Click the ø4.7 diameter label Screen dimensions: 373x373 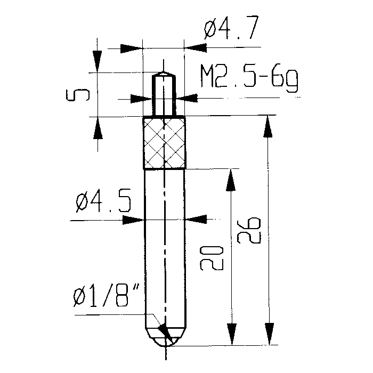pos(231,27)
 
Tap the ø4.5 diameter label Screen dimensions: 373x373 pos(103,200)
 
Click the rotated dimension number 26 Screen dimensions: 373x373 pos(249,230)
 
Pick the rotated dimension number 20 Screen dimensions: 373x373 pos(212,258)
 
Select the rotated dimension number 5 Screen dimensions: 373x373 pos(78,95)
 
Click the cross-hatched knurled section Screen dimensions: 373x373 pos(164,142)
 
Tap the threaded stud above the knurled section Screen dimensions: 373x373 pos(164,94)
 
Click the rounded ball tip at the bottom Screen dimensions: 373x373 pos(166,337)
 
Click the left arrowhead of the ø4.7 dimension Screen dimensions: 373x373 pos(132,48)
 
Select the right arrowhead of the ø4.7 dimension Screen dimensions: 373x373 pos(196,48)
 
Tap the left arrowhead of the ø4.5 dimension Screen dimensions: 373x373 pos(133,220)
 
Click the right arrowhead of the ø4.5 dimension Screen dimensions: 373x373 pos(196,219)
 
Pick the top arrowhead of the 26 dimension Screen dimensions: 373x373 pos(268,127)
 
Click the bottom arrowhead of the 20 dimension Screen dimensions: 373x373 pos(231,334)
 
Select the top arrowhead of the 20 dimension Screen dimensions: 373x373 pos(231,180)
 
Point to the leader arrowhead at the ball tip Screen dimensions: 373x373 pos(165,331)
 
